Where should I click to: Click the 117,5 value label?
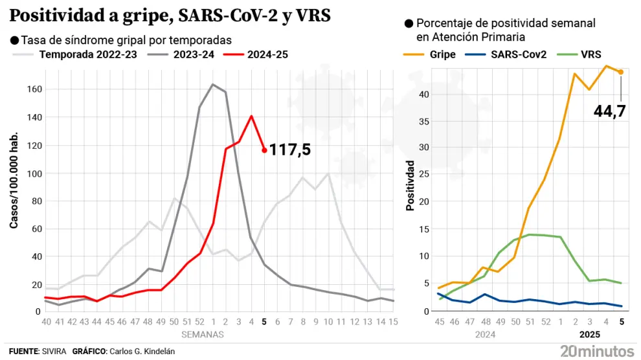pyautogui.click(x=290, y=150)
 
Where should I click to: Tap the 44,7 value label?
pyautogui.click(x=610, y=111)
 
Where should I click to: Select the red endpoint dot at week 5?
pyautogui.click(x=264, y=150)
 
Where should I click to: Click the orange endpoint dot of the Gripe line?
pyautogui.click(x=620, y=72)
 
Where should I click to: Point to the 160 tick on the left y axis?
pyautogui.click(x=32, y=89)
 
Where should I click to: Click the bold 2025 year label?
pyautogui.click(x=588, y=335)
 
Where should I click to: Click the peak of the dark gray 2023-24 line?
pyautogui.click(x=212, y=84)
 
